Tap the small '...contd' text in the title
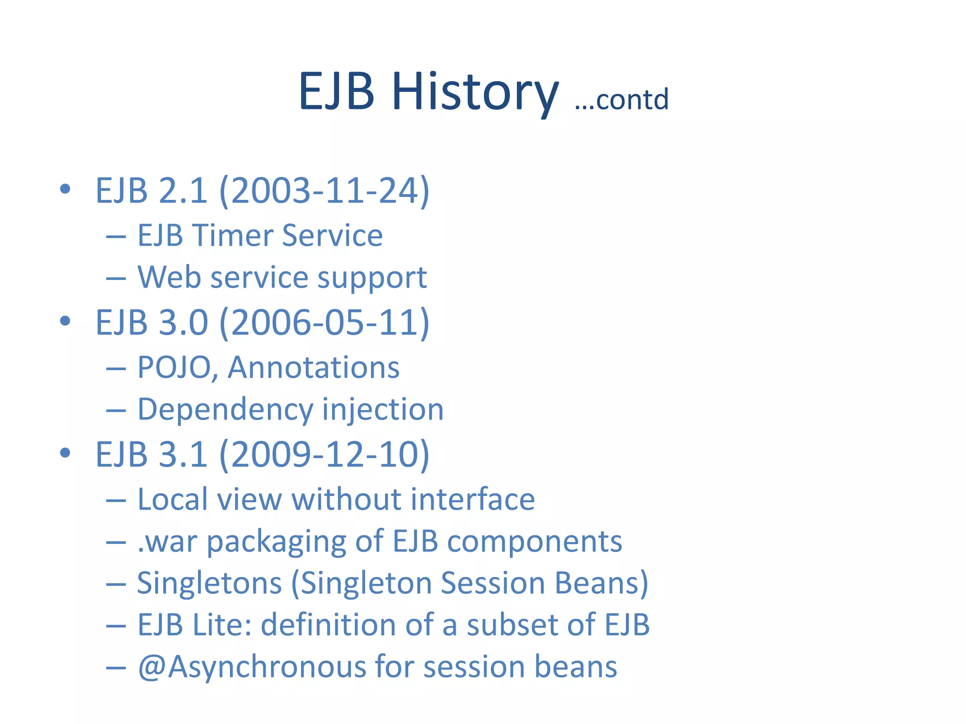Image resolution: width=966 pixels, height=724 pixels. coord(621,99)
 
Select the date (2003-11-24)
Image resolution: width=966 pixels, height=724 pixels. coord(325,191)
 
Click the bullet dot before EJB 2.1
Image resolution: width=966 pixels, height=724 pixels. coord(65,189)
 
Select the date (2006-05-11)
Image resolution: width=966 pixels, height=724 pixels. coord(325,323)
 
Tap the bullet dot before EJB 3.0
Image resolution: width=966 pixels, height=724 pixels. coord(65,321)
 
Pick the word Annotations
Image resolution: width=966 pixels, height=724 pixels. coord(313,368)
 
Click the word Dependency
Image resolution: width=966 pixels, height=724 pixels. coord(225,410)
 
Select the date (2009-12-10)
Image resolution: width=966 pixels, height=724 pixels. coord(325,455)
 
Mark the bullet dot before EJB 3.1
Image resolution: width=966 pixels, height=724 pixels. coord(65,453)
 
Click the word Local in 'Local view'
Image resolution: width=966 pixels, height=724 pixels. coord(173,499)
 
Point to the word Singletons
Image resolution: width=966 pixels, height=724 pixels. coord(209,584)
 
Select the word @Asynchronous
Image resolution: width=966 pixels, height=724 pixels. coord(251,667)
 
